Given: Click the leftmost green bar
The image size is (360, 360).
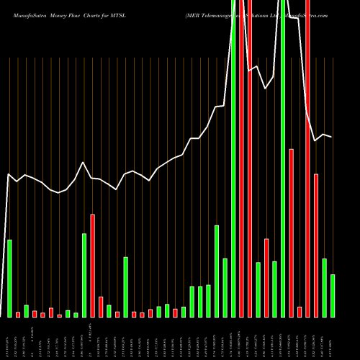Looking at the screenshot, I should [9, 278].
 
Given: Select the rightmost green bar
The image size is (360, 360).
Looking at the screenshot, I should [333, 295].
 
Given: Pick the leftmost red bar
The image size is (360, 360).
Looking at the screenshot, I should [18, 315].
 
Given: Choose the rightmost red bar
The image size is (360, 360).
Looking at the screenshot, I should [316, 245].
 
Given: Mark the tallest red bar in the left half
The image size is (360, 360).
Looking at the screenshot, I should [92, 265].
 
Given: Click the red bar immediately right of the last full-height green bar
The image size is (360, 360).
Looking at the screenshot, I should [292, 233].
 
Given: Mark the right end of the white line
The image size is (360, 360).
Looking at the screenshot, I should [332, 137].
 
